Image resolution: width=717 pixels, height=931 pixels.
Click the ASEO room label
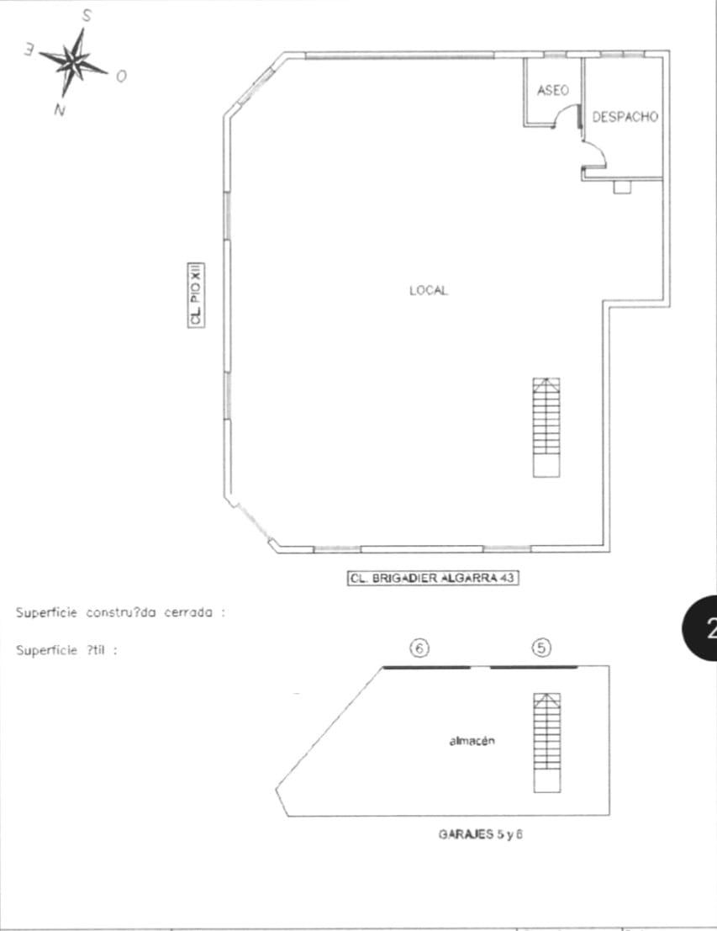[x=552, y=90]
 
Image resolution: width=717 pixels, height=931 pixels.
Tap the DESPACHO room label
[x=625, y=117]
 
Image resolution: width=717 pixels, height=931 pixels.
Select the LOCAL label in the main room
[x=429, y=290]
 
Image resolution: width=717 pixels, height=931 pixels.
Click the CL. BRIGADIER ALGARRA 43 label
[x=428, y=578]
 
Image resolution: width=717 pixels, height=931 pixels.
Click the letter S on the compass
[x=87, y=15]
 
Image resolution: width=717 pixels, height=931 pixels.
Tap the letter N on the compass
[x=59, y=110]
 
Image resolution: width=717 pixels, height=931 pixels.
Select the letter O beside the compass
[x=121, y=77]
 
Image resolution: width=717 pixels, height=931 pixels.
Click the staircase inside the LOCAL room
[x=546, y=427]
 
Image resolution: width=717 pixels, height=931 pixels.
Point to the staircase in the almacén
[x=546, y=742]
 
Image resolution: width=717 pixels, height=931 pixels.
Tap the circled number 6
[x=420, y=647]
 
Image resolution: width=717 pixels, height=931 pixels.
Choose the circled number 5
[x=542, y=647]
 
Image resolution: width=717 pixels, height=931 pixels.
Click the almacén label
[x=472, y=741]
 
